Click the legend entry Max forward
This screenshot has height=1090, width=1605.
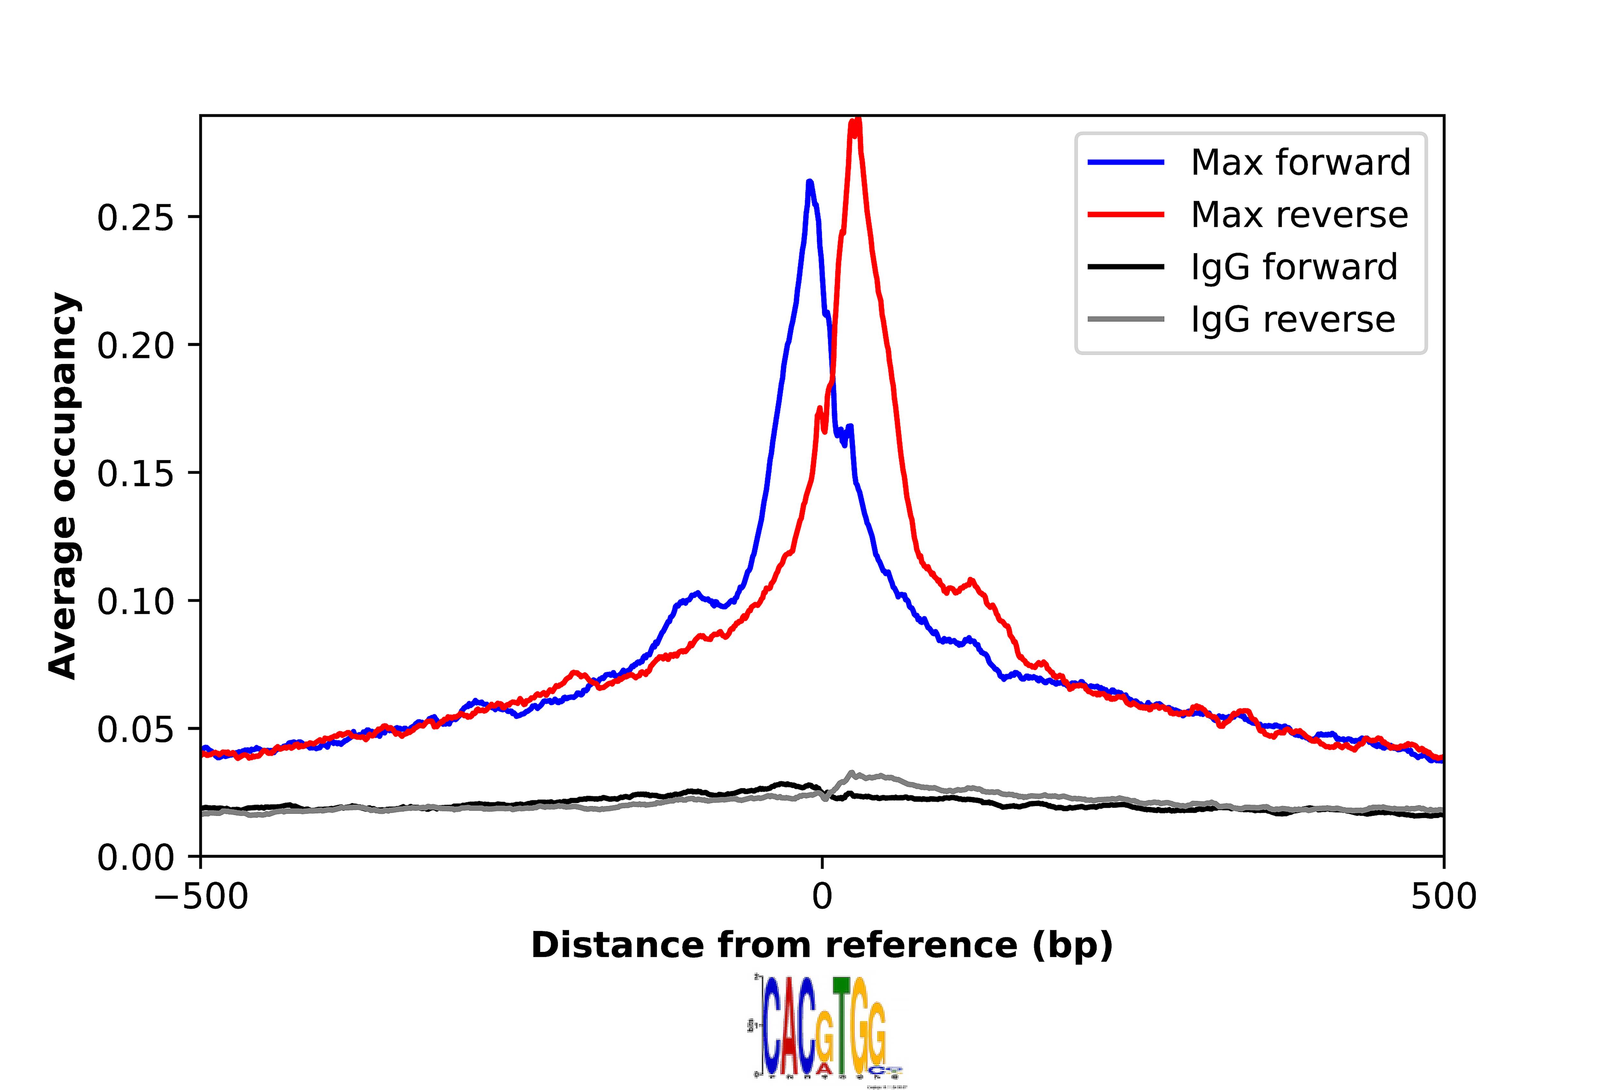(1300, 163)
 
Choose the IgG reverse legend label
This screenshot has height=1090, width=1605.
(1292, 319)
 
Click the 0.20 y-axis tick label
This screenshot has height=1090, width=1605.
(135, 346)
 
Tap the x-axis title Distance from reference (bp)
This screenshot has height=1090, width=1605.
(822, 945)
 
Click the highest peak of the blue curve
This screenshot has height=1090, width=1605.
(810, 182)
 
